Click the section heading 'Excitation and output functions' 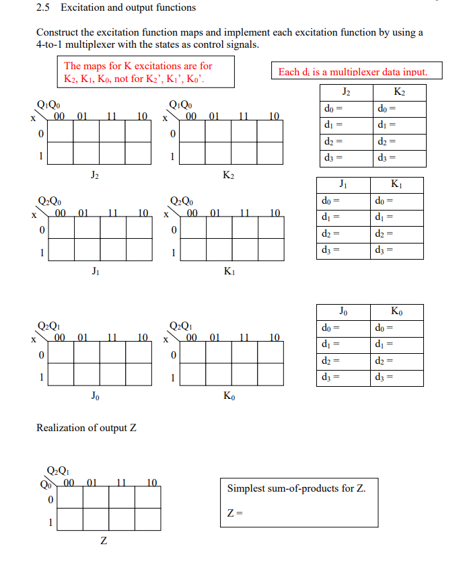coord(128,8)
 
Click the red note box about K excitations coord(147,72)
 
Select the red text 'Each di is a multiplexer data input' coord(353,72)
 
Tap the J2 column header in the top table coord(346,92)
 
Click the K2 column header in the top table coord(399,92)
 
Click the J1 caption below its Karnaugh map coord(96,271)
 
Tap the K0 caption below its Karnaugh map coord(229,396)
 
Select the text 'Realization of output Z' coord(86,428)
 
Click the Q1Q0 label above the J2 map coord(48,104)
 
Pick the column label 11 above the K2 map coord(245,116)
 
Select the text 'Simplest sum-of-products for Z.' coord(296,488)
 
